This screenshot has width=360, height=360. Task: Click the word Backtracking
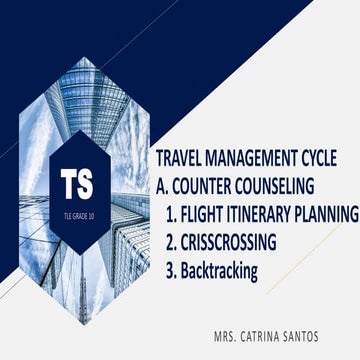click(220, 269)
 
